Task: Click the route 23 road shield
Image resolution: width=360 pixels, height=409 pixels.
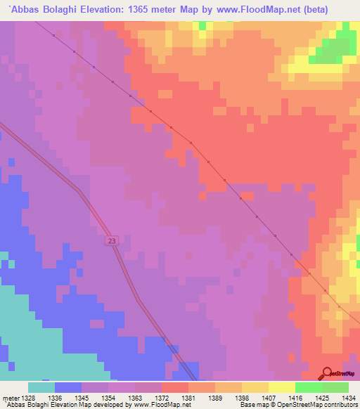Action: tap(112, 241)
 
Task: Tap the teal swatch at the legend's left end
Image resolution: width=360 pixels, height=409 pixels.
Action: tap(41, 387)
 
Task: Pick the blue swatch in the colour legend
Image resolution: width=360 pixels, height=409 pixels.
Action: tap(68, 387)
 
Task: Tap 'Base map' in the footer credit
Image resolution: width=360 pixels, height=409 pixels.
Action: tap(251, 405)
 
